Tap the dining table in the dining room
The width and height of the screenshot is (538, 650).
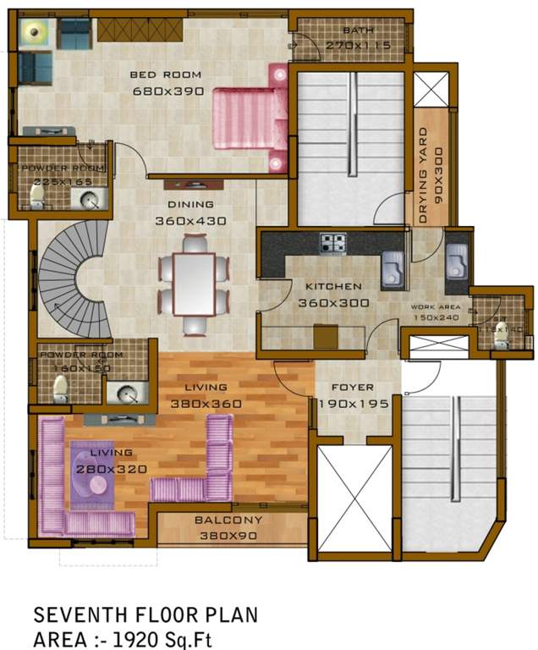point(194,283)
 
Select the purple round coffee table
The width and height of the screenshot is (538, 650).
point(94,485)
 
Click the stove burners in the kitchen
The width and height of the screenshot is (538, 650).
point(332,244)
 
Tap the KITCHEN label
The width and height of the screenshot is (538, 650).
point(333,286)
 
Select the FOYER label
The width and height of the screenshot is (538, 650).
point(353,388)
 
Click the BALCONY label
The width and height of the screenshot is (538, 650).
point(228,520)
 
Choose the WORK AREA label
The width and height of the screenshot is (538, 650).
point(435,306)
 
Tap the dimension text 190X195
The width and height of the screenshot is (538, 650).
point(354,404)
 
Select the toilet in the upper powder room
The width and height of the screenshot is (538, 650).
point(37,196)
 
